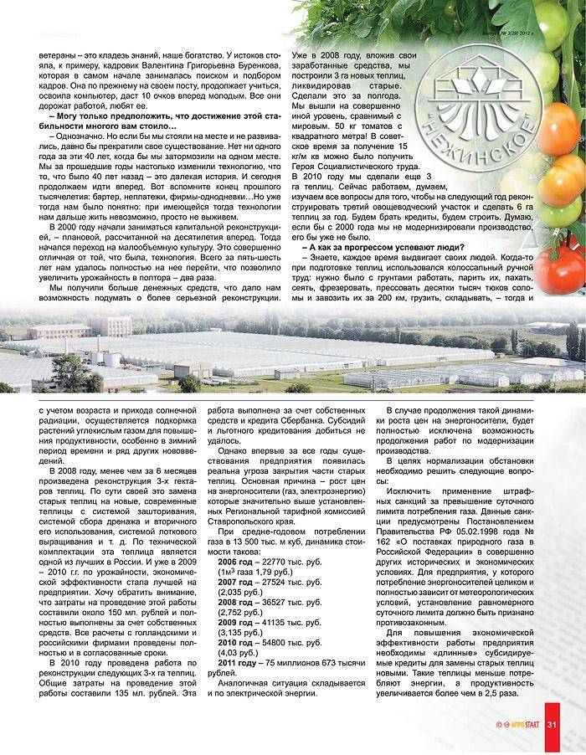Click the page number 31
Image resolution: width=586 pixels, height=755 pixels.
tap(553, 724)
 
